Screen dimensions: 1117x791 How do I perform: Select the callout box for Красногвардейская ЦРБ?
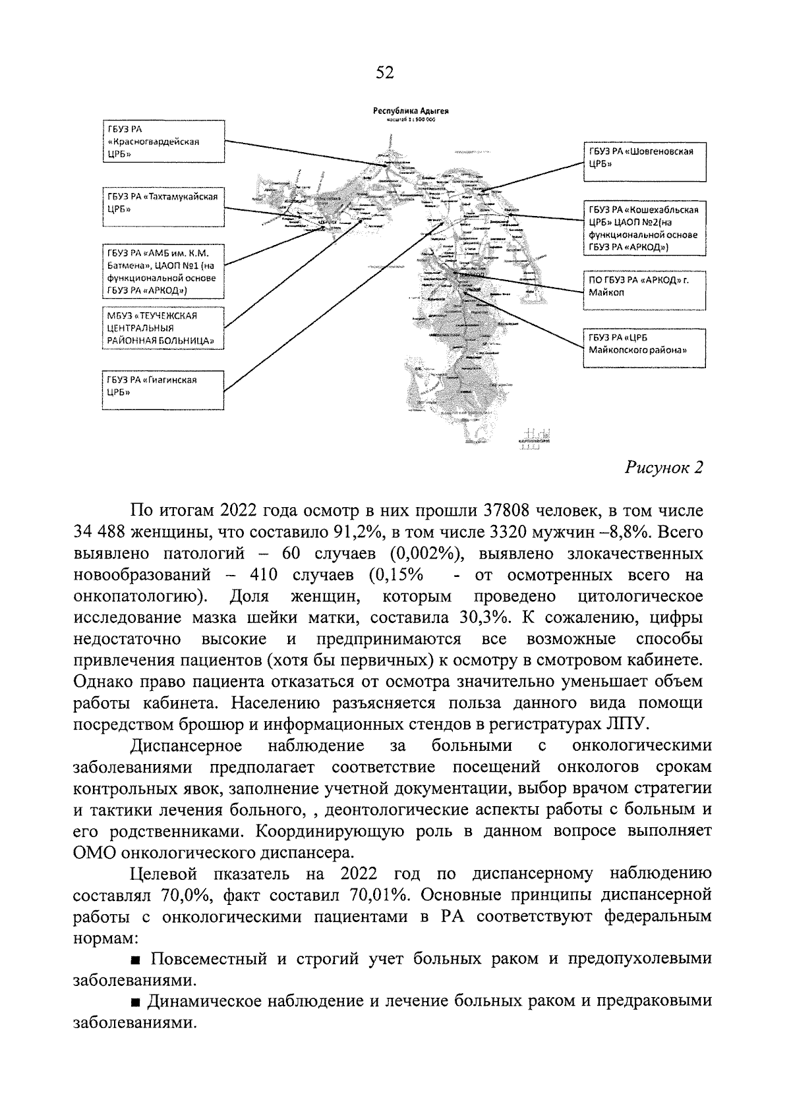162,141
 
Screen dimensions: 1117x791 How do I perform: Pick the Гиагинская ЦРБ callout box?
162,391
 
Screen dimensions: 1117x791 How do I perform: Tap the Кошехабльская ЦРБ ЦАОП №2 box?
645,228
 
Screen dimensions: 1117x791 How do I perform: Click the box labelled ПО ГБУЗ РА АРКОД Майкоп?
645,290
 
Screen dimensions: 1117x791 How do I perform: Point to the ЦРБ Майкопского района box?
645,348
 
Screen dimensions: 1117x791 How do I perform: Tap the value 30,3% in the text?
484,618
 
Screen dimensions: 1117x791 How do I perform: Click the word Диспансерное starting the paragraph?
187,746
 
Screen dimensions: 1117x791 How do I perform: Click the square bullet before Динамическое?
134,1002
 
